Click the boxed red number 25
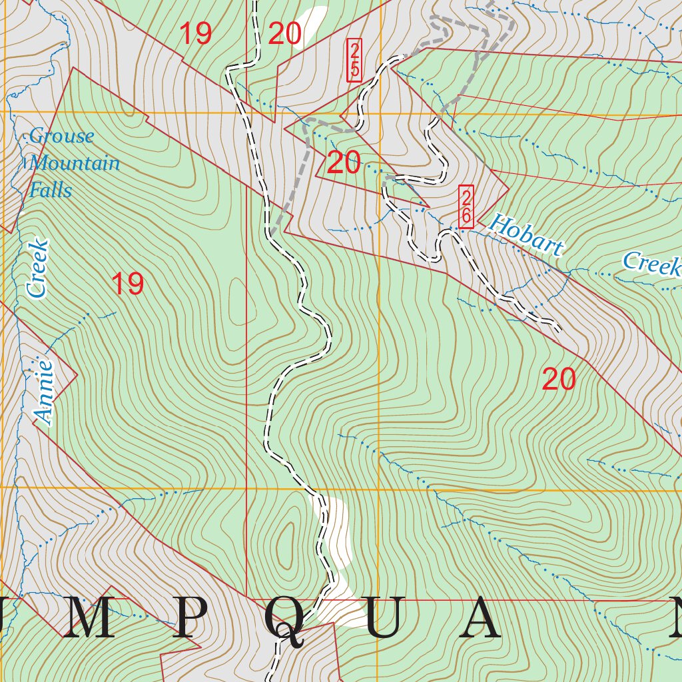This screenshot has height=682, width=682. tap(354, 60)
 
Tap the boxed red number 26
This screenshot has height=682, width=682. tap(466, 206)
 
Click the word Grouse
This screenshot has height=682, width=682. tap(61, 137)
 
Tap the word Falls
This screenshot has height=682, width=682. tap(51, 190)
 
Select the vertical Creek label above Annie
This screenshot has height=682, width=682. tap(38, 268)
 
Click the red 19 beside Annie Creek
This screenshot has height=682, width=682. tap(127, 284)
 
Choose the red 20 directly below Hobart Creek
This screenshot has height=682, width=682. tap(558, 380)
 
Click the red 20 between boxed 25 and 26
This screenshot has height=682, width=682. tap(344, 163)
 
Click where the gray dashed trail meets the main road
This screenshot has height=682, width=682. tap(272, 232)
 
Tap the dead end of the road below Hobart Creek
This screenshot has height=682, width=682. tap(557, 328)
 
